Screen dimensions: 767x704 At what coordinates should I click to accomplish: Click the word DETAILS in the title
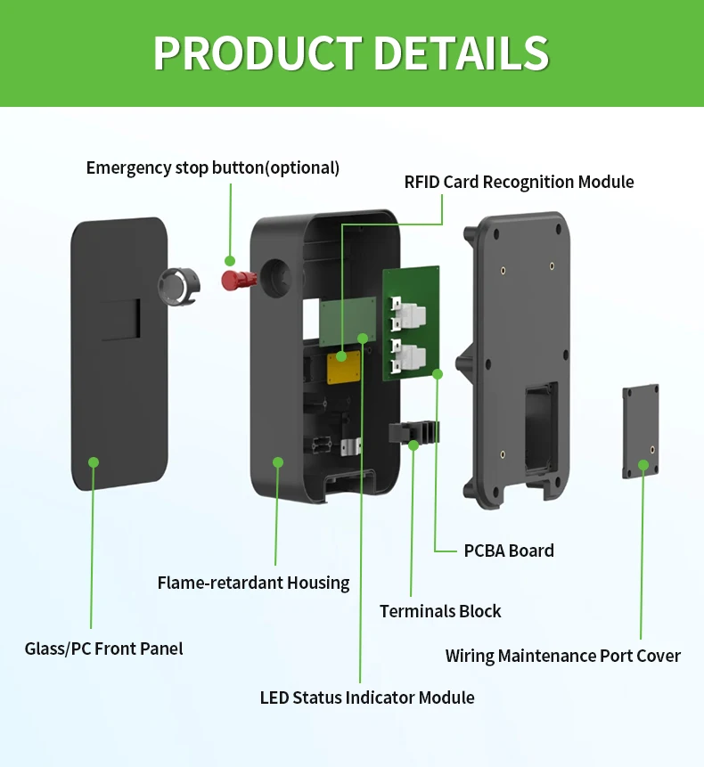(x=461, y=53)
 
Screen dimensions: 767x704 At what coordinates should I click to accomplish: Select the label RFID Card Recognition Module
(x=519, y=182)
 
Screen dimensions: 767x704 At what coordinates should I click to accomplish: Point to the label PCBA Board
(x=509, y=551)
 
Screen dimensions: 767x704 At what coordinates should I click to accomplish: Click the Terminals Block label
(x=440, y=611)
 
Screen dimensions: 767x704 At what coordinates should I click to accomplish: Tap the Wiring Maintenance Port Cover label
(x=562, y=656)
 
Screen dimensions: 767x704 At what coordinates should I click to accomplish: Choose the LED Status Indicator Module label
(x=367, y=698)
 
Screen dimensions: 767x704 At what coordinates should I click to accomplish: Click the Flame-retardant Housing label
(x=253, y=583)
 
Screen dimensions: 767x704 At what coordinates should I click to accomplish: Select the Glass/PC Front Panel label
(x=103, y=649)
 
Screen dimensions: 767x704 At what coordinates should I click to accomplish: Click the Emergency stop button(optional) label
(x=212, y=167)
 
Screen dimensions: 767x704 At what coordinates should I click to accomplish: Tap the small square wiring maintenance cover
(x=640, y=433)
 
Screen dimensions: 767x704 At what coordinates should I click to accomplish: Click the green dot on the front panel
(x=93, y=461)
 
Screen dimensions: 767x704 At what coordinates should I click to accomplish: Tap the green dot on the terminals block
(x=413, y=445)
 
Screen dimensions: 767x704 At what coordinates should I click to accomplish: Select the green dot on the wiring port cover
(x=642, y=465)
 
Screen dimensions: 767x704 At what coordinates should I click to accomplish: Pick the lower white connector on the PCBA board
(x=408, y=355)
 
